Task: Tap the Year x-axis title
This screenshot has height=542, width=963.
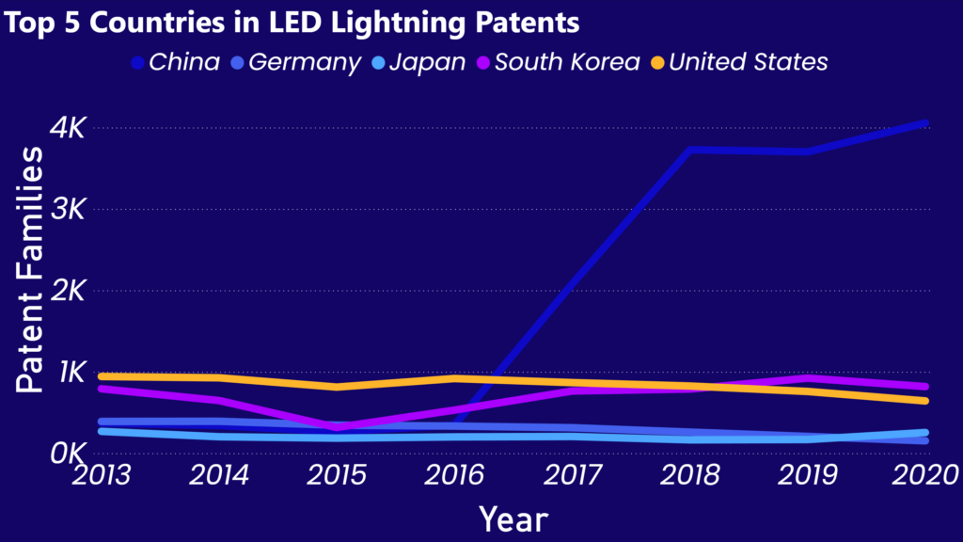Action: pyautogui.click(x=513, y=518)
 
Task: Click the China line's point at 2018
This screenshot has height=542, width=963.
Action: pyautogui.click(x=690, y=150)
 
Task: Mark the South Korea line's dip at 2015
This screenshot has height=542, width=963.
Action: pyautogui.click(x=338, y=426)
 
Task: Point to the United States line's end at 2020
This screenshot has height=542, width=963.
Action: pyautogui.click(x=925, y=401)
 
